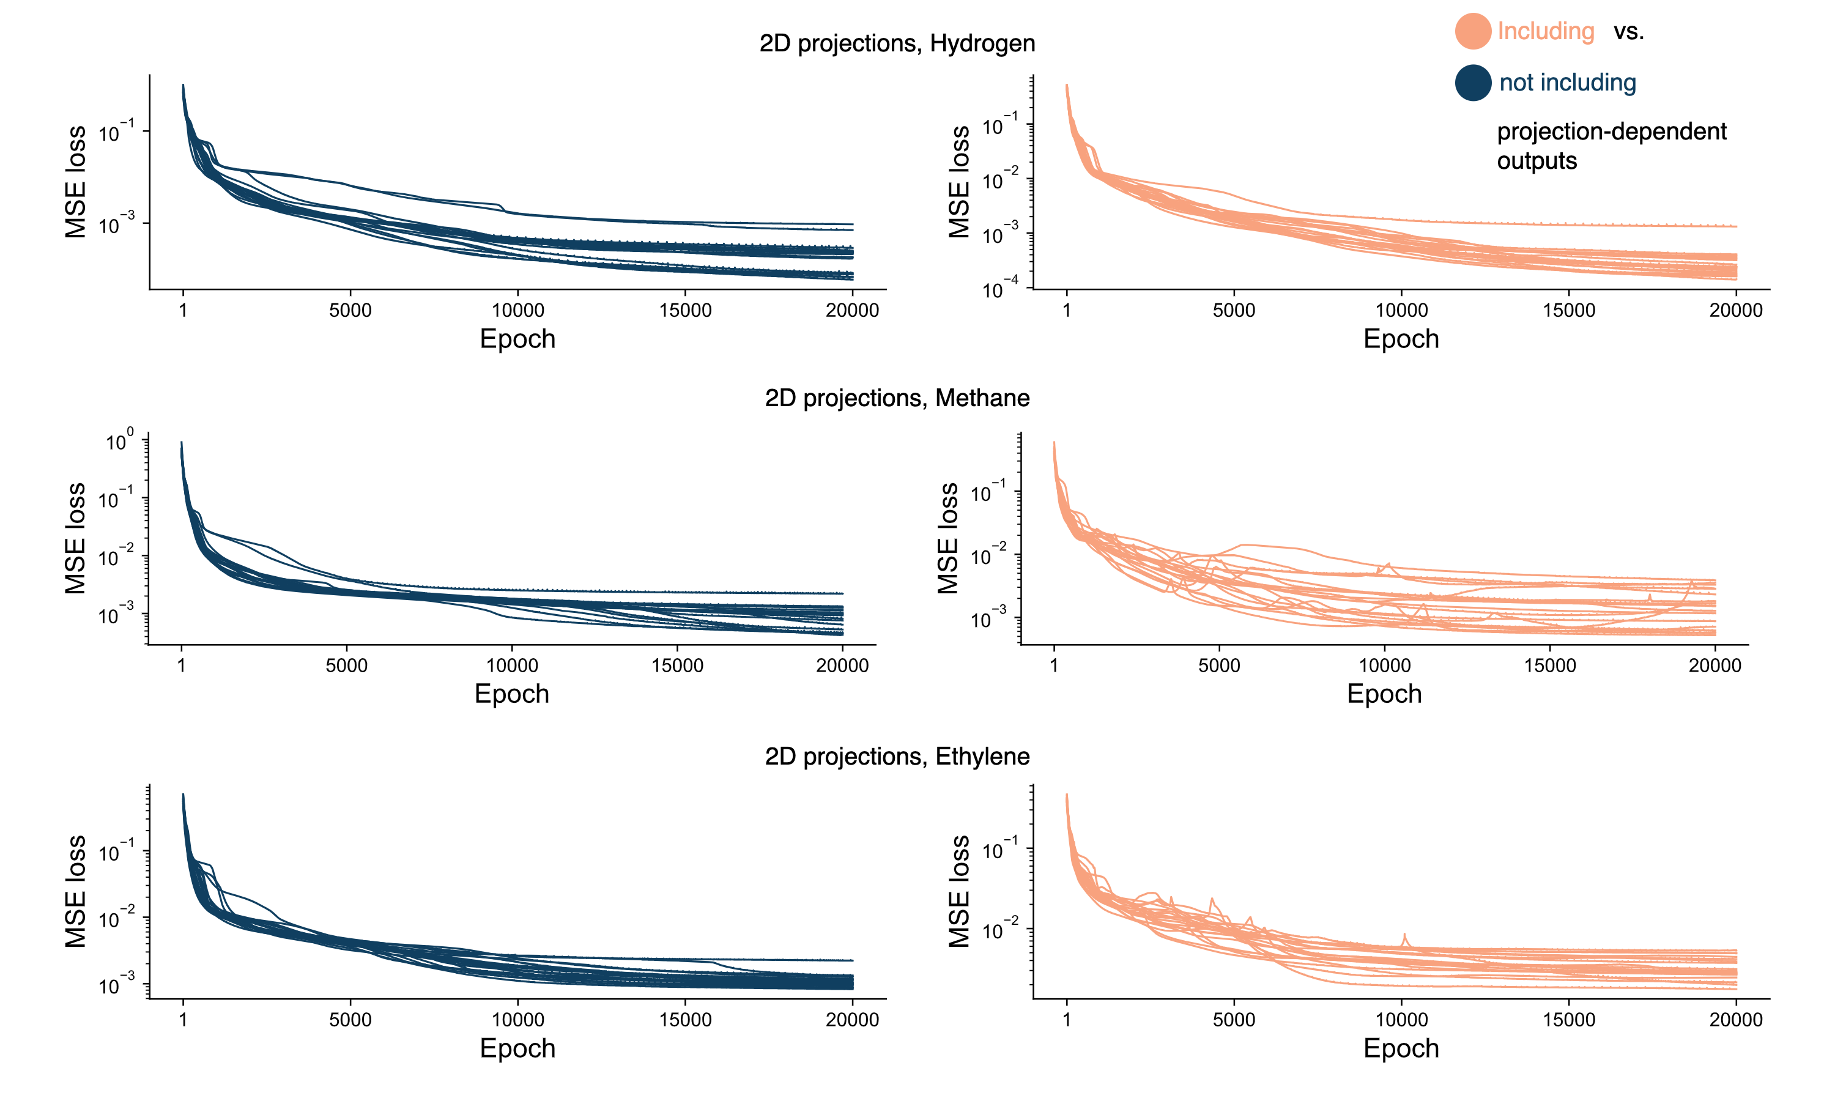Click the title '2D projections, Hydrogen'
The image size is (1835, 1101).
(897, 43)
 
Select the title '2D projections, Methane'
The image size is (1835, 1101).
(897, 398)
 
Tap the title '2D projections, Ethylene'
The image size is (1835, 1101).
(897, 756)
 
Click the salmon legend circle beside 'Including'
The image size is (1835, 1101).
(1472, 31)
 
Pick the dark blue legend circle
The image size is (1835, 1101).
(1472, 83)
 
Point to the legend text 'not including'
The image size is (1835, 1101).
(1567, 83)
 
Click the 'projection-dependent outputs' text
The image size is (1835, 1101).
(1611, 146)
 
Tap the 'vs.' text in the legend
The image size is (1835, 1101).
(1628, 31)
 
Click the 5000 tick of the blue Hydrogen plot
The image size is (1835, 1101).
(350, 310)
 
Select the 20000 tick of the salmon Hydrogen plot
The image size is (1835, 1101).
(1736, 310)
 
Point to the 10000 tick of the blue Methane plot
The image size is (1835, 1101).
(512, 665)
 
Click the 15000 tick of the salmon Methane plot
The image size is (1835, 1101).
(1549, 665)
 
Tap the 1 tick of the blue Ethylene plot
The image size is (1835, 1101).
(183, 1020)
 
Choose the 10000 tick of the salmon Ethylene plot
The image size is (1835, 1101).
(1401, 1020)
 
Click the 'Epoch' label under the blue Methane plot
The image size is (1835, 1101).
(512, 694)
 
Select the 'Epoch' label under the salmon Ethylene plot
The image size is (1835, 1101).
(1401, 1048)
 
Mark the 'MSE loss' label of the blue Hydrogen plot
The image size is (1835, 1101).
(76, 182)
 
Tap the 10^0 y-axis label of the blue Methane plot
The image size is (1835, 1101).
(119, 442)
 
